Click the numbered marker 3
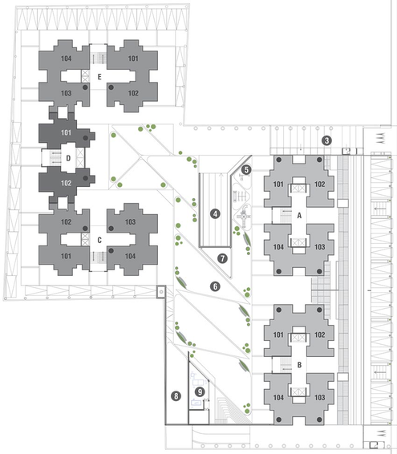326,140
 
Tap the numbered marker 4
215,214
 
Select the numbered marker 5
246,170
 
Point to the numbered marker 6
215,286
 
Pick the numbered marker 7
222,258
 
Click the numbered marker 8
176,395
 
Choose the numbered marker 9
200,392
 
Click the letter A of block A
299,216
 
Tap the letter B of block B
299,365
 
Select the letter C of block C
99,241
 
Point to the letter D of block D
68,158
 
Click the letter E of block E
99,77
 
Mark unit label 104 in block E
66,59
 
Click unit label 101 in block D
66,132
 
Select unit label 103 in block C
130,222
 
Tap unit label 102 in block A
320,184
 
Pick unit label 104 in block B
278,397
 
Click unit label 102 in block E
133,93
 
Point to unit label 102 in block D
66,183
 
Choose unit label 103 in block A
320,247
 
